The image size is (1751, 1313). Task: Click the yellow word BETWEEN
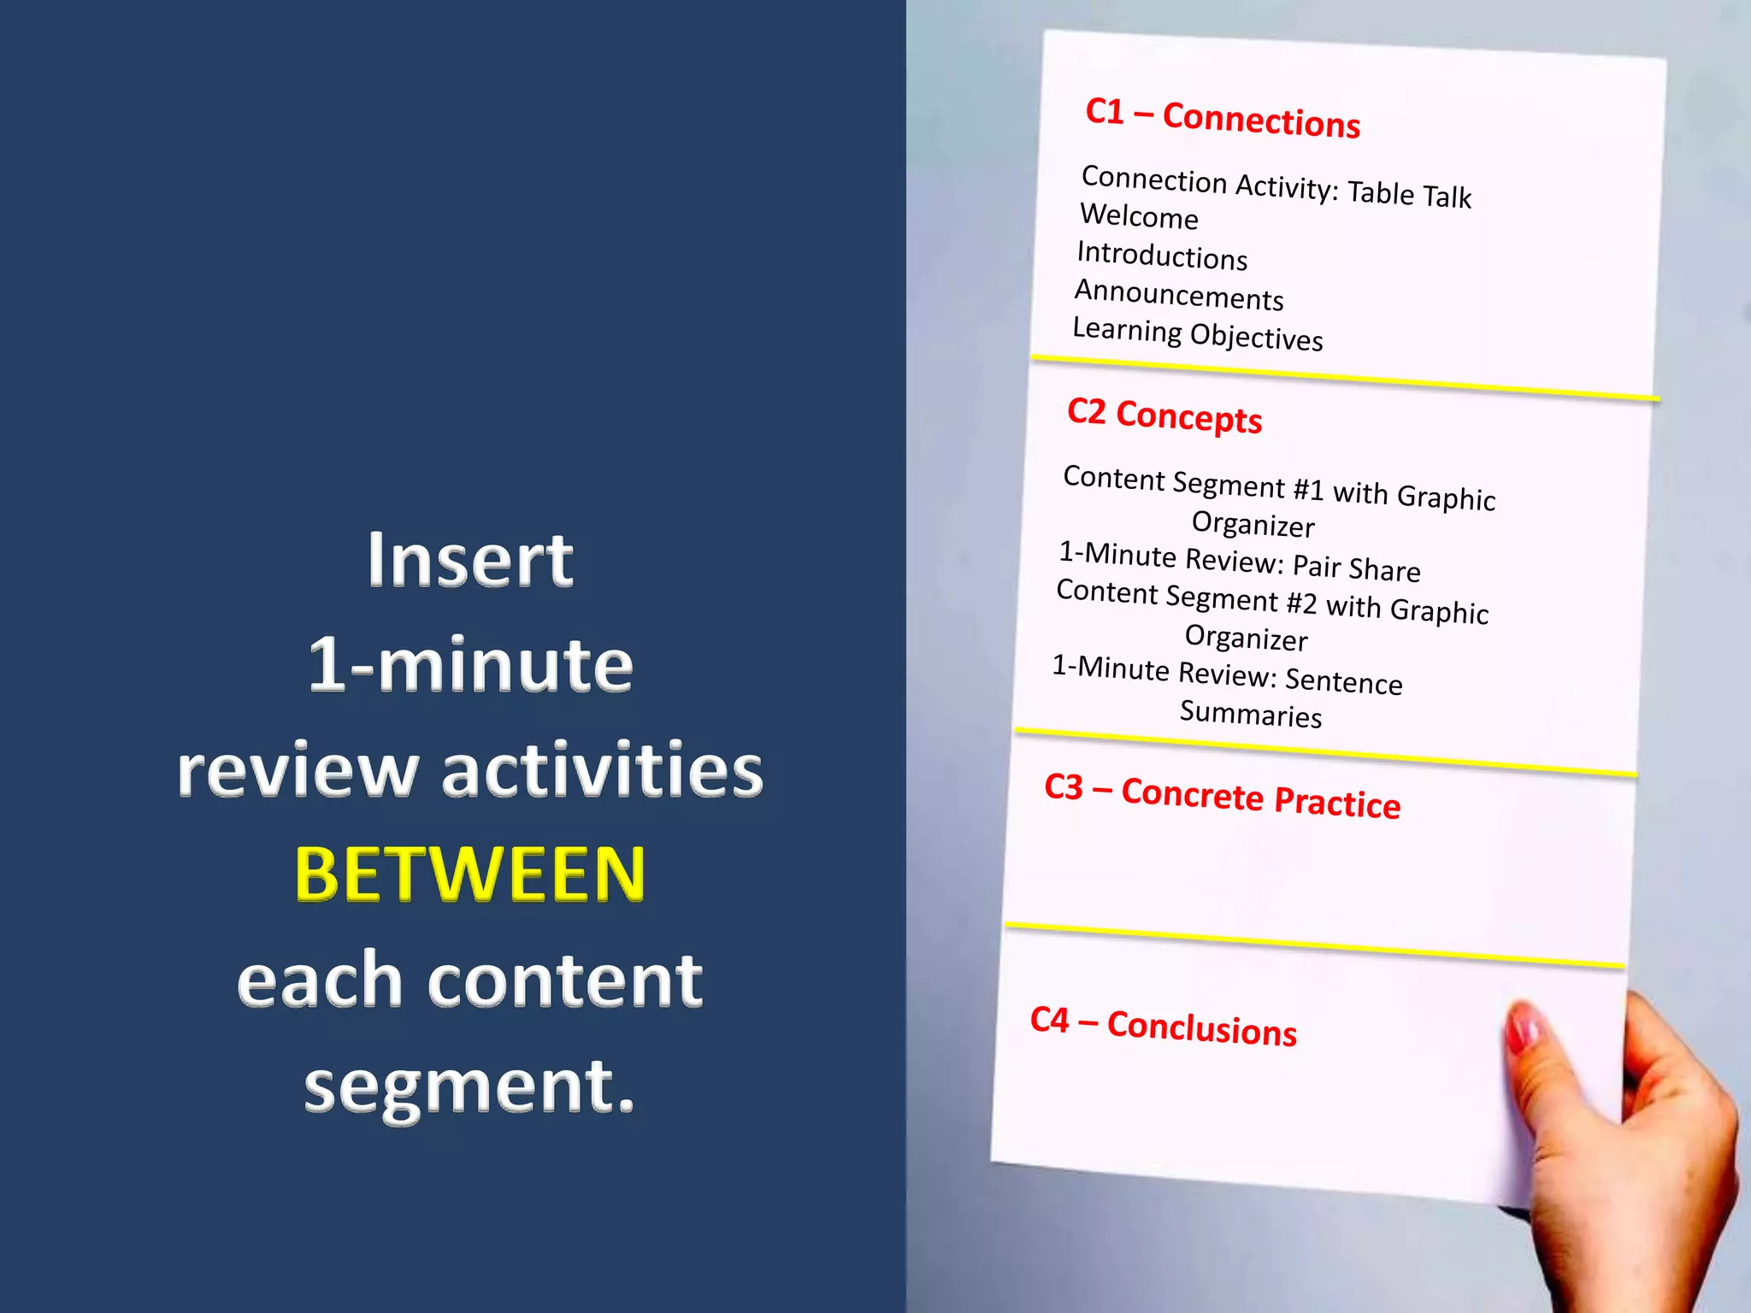tap(469, 874)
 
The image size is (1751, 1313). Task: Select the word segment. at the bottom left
tap(469, 1087)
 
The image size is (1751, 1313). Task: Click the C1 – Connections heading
tap(1223, 118)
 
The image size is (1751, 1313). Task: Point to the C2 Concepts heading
tap(1164, 415)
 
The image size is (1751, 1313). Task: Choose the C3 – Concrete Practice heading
tap(1222, 797)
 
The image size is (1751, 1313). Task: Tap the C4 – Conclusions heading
tap(1163, 1026)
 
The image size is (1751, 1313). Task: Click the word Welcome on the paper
tap(1139, 216)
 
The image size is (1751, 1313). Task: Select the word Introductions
tap(1162, 256)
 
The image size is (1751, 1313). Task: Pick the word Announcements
tap(1179, 295)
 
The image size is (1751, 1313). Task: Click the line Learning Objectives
tap(1198, 334)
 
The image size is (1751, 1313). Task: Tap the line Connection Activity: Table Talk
tap(1276, 186)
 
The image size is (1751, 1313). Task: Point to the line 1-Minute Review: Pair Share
tap(1239, 562)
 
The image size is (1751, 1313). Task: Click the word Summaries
tap(1251, 713)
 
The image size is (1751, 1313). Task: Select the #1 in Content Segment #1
tap(1308, 490)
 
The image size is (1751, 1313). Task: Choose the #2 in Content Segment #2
tap(1301, 604)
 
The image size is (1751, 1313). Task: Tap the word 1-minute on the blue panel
tap(469, 665)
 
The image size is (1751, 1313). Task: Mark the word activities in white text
tap(602, 770)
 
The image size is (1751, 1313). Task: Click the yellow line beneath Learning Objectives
tap(1345, 378)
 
